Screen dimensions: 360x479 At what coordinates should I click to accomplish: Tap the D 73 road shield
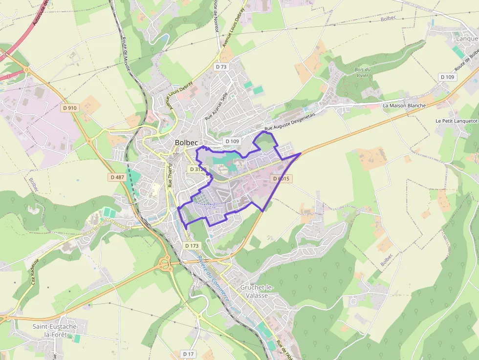point(221,67)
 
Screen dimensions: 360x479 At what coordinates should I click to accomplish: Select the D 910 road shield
point(70,107)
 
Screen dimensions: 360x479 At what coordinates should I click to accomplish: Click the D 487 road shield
point(117,177)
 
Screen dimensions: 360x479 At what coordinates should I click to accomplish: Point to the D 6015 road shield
point(281,179)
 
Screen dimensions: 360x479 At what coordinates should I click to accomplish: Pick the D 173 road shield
point(193,245)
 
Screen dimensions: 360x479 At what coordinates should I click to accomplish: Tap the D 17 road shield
point(189,354)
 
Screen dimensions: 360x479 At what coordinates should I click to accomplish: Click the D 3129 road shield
point(198,169)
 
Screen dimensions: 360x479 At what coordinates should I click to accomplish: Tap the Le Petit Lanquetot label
point(456,121)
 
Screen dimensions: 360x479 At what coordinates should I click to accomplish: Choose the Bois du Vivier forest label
point(362,72)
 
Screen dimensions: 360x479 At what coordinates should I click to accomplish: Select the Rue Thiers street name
point(170,177)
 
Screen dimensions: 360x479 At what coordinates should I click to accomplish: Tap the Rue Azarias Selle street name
point(217,106)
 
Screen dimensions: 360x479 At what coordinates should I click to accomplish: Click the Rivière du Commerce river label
point(214,279)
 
